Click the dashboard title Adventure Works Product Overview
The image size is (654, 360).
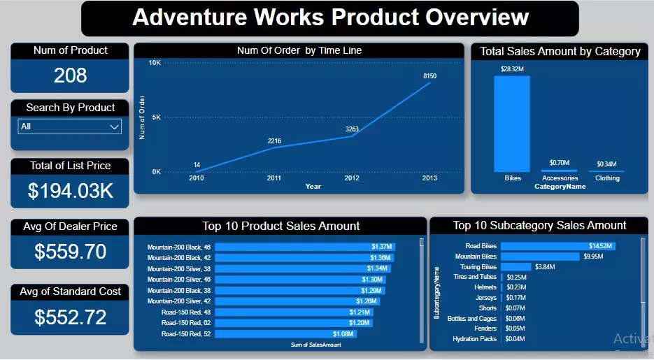330,17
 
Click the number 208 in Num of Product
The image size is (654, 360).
70,75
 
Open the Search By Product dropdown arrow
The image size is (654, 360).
115,127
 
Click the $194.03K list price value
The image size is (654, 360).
70,190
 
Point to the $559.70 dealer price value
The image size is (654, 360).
70,251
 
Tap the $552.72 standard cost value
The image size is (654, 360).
70,317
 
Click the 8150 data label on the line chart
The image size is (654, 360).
429,75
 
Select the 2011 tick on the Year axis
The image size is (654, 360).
274,178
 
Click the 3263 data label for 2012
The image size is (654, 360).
352,129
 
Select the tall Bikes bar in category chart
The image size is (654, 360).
512,124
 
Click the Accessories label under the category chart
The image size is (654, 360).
560,178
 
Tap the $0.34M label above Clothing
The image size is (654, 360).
606,164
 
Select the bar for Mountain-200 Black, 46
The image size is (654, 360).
305,247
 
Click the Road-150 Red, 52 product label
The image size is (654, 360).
185,334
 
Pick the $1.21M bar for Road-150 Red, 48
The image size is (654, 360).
294,312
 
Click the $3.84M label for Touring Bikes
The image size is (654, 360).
546,267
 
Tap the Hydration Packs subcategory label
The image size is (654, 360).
474,339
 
